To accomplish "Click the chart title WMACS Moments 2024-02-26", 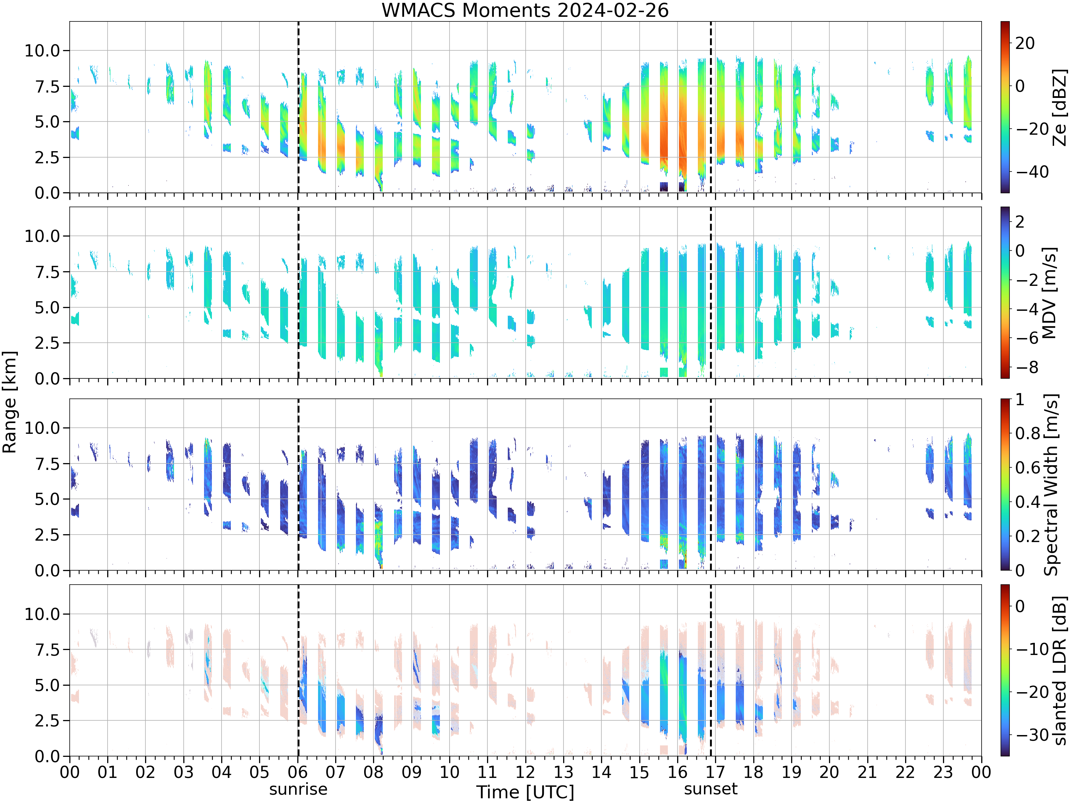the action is coord(525,10).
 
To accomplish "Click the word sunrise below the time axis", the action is coord(298,789).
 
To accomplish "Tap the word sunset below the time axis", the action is coord(710,789).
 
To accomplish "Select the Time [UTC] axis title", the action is coord(525,792).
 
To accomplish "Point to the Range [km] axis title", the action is coord(9,402).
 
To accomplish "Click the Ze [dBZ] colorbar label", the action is coord(1060,107).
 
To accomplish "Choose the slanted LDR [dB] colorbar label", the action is coord(1060,670).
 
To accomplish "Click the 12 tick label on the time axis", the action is coord(525,772).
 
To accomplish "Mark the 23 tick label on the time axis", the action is coord(943,772).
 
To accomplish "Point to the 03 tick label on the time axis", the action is coord(183,772).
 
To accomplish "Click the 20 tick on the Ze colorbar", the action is coord(1026,43).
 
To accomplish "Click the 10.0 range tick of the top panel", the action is coord(43,50).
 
